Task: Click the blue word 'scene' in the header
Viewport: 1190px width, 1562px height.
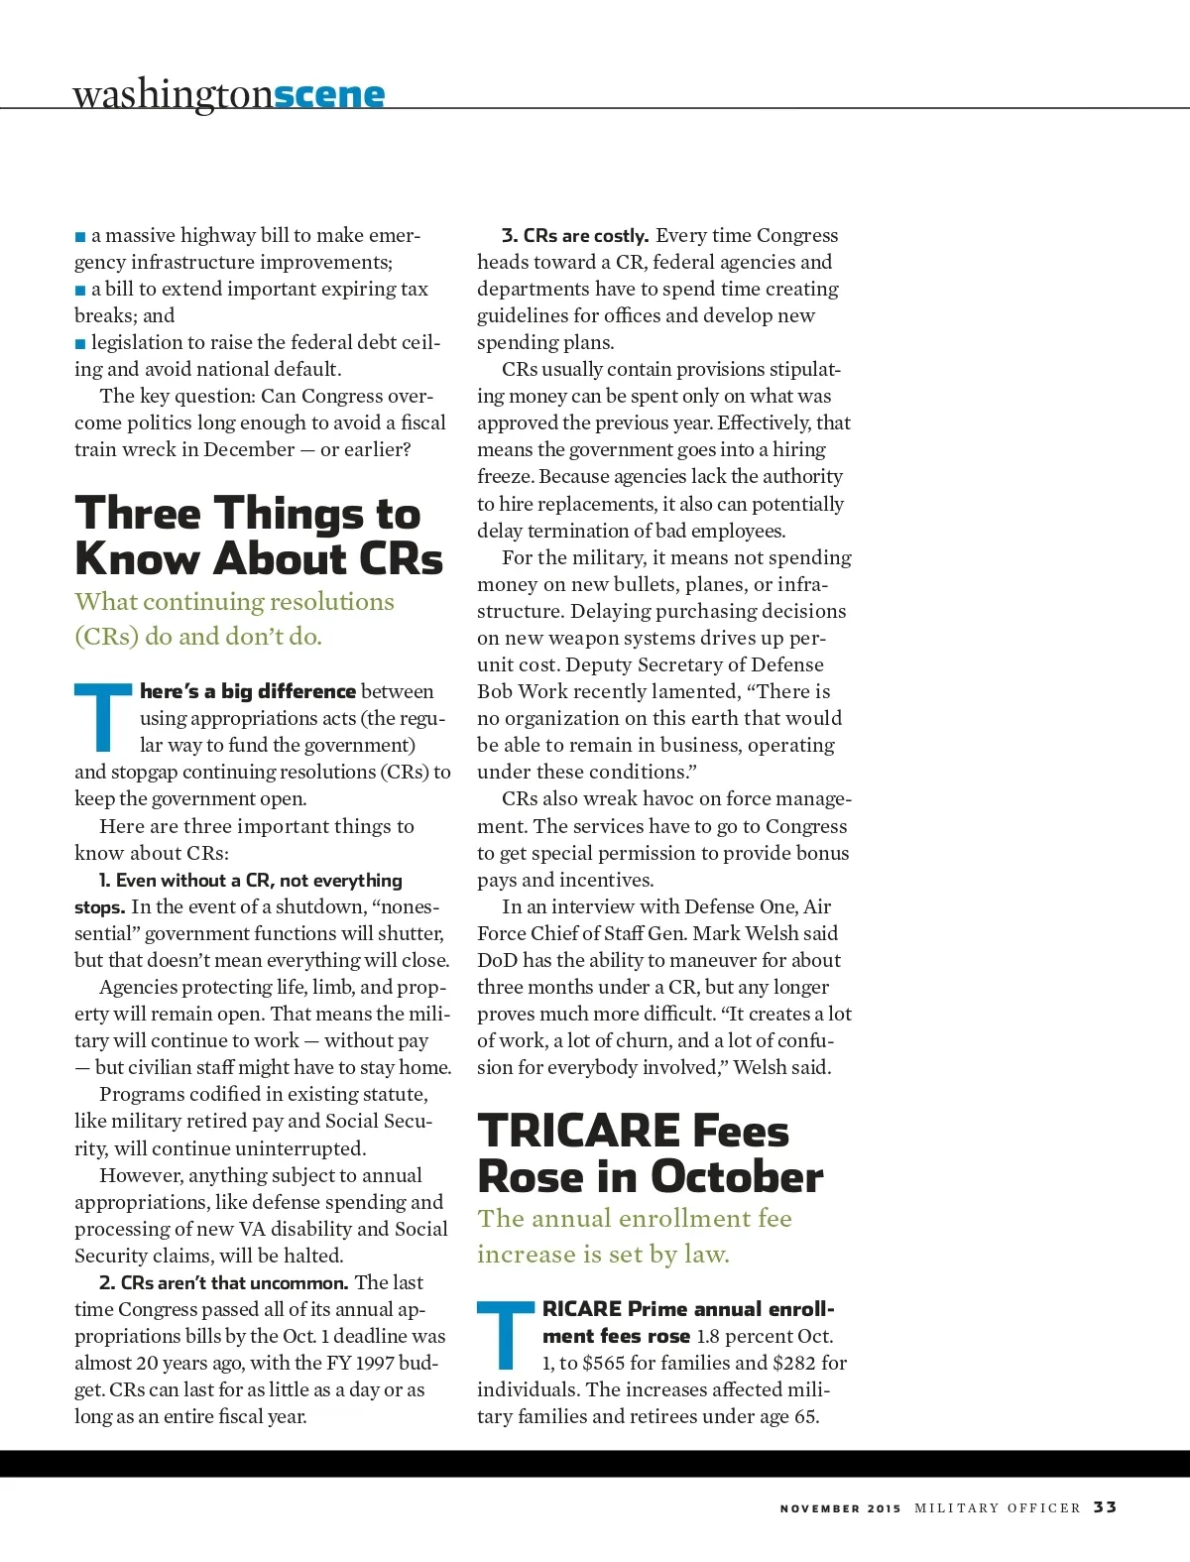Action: (329, 94)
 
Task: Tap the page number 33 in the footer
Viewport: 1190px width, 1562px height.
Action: (1105, 1506)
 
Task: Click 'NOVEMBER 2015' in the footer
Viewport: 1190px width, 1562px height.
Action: (840, 1508)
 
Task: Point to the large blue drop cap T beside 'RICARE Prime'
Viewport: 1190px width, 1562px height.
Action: (506, 1334)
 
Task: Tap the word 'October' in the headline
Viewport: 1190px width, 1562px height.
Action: (736, 1177)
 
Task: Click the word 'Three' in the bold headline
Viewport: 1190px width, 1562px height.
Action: (138, 514)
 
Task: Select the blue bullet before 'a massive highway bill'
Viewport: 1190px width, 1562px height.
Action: (80, 237)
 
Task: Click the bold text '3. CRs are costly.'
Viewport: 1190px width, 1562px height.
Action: (575, 236)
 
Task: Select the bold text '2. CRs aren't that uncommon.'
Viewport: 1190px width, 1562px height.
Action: (223, 1282)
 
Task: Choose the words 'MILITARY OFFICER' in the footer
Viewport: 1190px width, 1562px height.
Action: (997, 1507)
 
